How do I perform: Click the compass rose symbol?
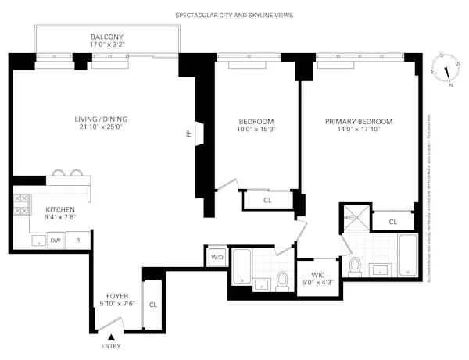(x=446, y=70)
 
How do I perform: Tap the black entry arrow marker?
(x=111, y=337)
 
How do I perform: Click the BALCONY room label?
(x=106, y=37)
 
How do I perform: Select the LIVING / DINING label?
(x=101, y=119)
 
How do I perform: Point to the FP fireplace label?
(x=188, y=134)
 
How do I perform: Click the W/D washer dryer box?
(x=216, y=257)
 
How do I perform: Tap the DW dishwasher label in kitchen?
(x=55, y=241)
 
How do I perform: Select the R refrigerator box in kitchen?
(x=78, y=241)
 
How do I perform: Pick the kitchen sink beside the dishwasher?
(x=37, y=241)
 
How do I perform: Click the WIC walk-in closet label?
(x=317, y=274)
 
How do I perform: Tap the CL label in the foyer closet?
(x=152, y=305)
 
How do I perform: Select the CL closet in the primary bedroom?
(x=392, y=222)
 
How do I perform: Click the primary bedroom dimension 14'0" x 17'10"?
(x=359, y=132)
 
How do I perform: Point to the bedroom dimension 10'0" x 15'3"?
(x=256, y=132)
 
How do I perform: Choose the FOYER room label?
(x=121, y=295)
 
